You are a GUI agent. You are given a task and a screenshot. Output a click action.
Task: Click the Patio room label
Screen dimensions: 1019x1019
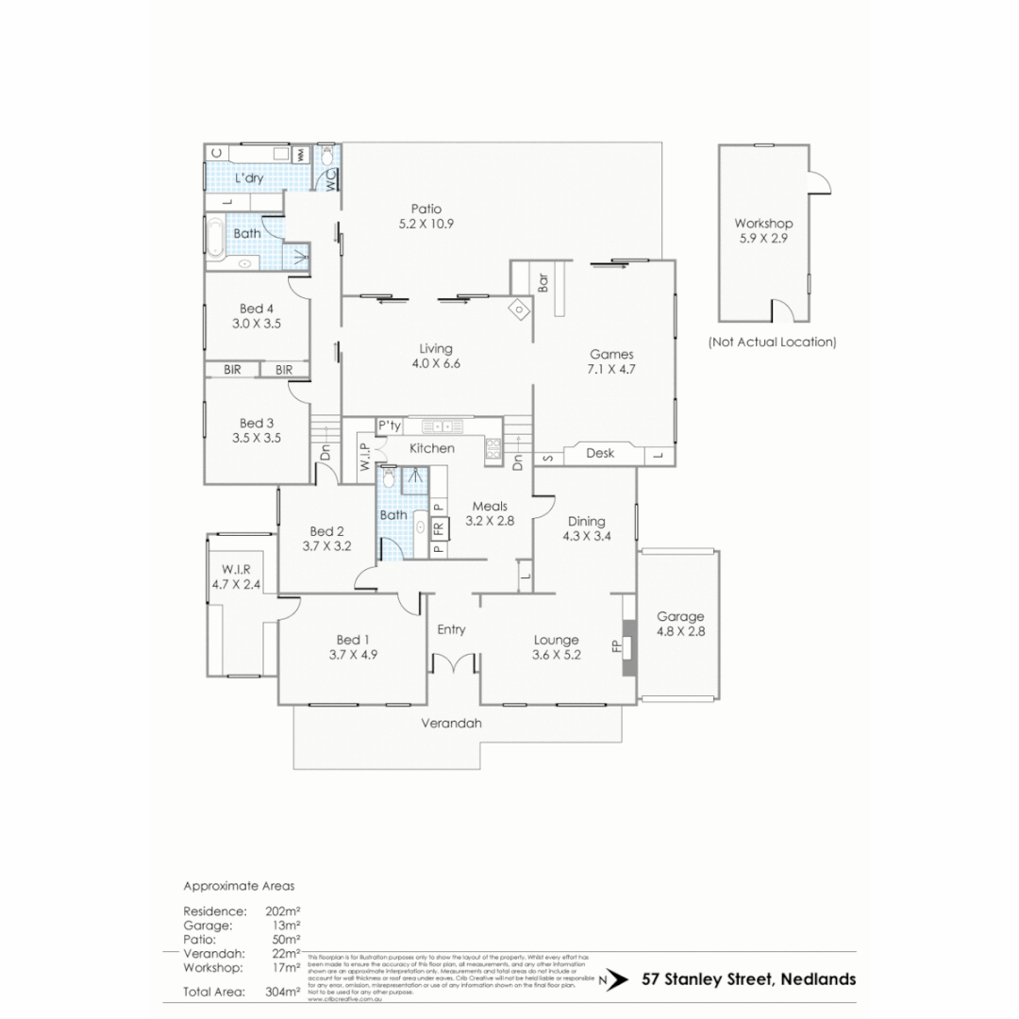pos(426,209)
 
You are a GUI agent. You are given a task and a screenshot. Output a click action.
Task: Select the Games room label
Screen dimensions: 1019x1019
pos(611,355)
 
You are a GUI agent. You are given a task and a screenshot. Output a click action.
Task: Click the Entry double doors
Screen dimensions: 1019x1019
pos(452,664)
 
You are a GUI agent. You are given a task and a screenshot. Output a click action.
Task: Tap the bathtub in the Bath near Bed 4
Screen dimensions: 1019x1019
pos(215,238)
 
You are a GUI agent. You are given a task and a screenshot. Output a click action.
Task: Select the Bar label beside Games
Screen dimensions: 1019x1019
pos(543,283)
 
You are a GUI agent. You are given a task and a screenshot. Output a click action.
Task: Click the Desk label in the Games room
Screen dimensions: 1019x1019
pos(600,453)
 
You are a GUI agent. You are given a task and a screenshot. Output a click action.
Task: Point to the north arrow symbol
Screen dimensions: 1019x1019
pos(614,979)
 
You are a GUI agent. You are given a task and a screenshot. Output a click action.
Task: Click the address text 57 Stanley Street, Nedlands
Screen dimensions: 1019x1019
pos(748,978)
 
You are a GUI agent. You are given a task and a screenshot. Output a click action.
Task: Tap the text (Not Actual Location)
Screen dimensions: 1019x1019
pos(772,342)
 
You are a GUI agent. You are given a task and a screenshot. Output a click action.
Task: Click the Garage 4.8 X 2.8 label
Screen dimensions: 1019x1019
pos(679,624)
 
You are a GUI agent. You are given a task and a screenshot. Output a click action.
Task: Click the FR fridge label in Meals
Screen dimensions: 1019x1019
pos(438,528)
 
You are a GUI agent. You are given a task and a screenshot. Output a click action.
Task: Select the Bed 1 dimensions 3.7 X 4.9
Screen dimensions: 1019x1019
pos(354,654)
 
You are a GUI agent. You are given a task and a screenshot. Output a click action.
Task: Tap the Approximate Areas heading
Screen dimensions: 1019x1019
pos(239,886)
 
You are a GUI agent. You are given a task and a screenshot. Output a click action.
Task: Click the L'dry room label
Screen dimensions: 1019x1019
pos(249,178)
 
